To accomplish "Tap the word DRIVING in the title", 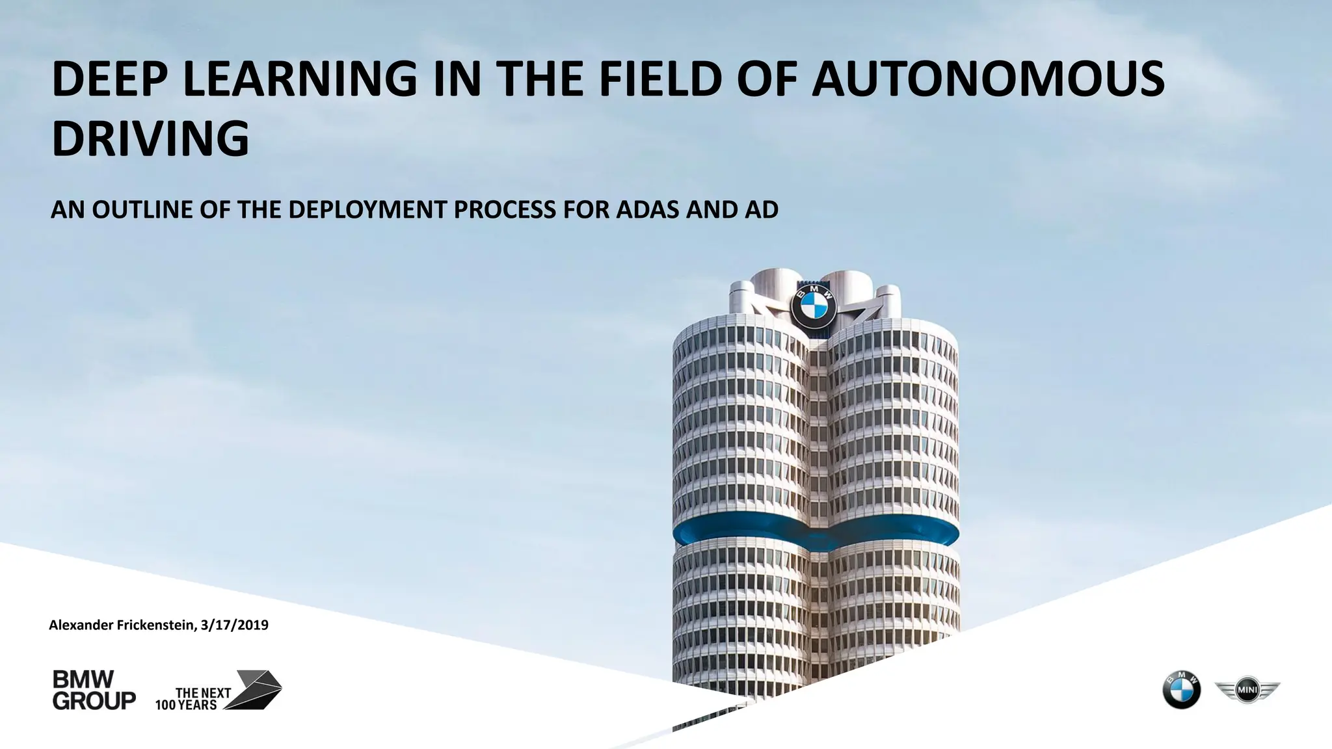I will [150, 138].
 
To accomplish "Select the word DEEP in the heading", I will [111, 79].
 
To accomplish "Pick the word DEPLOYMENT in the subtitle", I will [367, 210].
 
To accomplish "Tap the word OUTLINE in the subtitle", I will [142, 210].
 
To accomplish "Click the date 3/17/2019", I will [235, 625].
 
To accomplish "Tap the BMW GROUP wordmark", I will [94, 690].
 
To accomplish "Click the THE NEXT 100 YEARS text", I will [193, 699].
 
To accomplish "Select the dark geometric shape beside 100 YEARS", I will [257, 689].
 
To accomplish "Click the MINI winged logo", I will [1247, 690].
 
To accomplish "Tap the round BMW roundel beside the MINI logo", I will [1182, 690].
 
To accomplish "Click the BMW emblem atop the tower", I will [814, 308].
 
